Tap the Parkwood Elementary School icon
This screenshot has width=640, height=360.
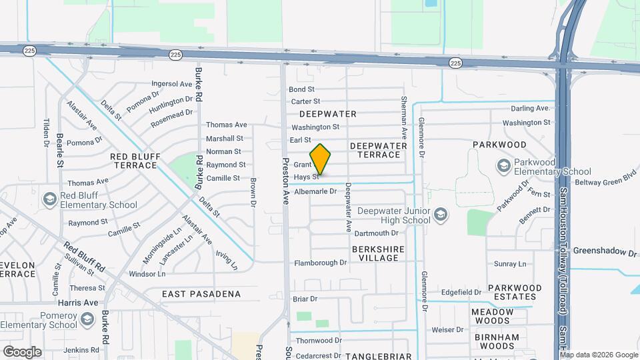tap(503, 165)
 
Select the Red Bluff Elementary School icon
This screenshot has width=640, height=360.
tap(49, 199)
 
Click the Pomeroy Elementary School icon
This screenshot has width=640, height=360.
tap(87, 319)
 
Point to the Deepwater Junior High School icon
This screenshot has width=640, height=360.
tap(440, 214)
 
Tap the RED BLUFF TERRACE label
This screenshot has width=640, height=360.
tap(135, 161)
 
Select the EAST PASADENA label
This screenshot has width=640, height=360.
tap(201, 294)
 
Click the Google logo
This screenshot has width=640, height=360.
tap(23, 351)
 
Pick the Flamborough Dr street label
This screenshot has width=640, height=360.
tap(321, 263)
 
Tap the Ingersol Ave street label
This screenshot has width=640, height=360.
tap(172, 84)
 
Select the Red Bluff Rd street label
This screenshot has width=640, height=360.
tap(85, 257)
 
